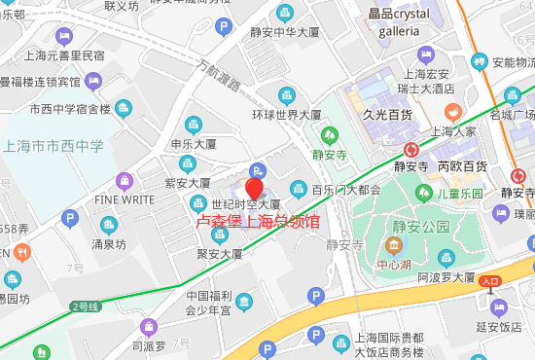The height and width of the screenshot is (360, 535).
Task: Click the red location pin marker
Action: coord(255,188)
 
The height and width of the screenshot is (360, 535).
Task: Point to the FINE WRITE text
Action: coord(125,200)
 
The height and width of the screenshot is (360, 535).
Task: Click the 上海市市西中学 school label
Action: coord(53,146)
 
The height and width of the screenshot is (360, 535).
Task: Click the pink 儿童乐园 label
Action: coord(460,194)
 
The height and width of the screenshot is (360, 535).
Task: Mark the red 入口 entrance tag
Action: coord(490,281)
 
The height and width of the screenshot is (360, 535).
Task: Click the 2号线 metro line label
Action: coord(85,306)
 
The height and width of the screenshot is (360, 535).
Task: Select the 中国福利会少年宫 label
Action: coord(207,304)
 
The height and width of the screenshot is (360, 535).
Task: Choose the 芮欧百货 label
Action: coord(462,165)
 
